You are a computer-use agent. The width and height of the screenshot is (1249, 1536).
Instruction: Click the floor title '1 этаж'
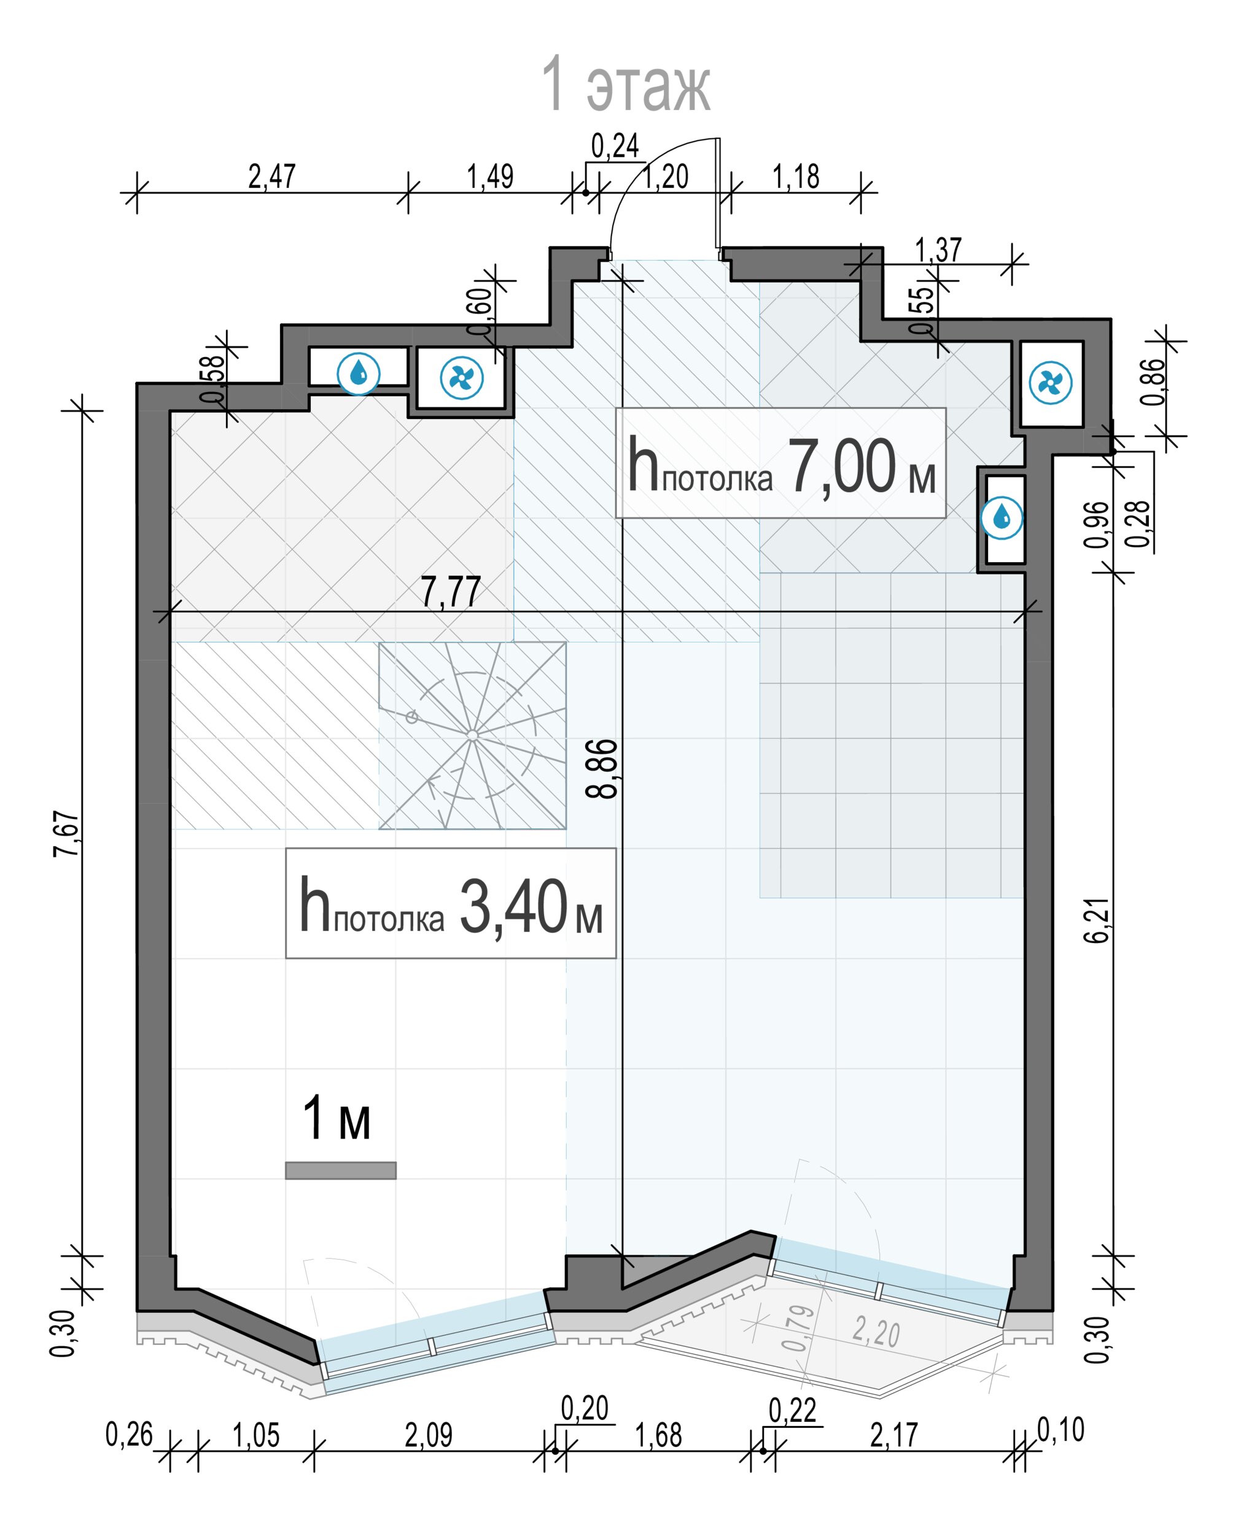[625, 85]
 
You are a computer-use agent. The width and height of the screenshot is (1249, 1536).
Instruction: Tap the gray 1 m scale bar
[340, 1170]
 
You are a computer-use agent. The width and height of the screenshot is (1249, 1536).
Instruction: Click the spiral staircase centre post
[472, 735]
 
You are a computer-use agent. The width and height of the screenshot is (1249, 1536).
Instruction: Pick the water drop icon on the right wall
[1002, 517]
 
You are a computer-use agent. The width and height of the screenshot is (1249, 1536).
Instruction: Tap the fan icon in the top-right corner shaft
[1051, 383]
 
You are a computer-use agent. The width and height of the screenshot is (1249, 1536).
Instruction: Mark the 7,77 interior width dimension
[450, 592]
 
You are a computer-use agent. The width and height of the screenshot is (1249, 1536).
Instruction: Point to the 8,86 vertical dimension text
[602, 769]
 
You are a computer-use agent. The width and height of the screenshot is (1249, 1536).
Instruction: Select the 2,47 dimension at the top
[271, 176]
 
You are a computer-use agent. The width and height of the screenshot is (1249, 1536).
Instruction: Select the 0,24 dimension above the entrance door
[615, 146]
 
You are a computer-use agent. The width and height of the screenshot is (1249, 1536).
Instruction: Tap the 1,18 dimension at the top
[796, 176]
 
